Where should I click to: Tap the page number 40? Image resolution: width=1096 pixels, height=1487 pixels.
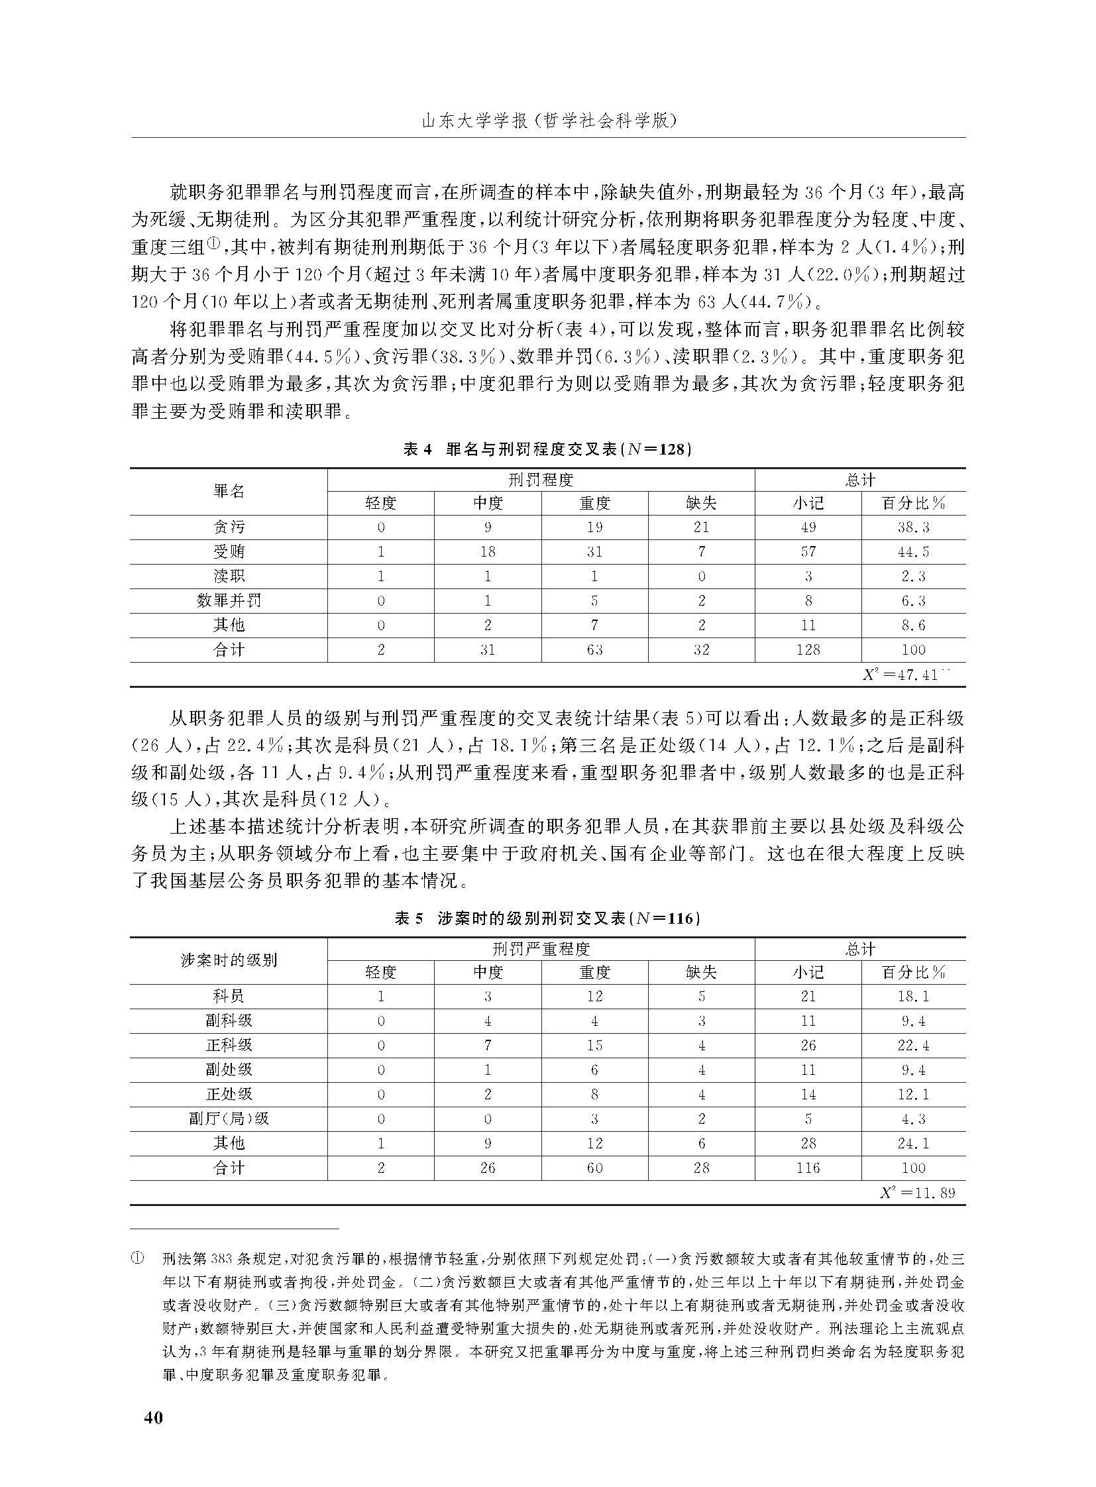(x=153, y=1417)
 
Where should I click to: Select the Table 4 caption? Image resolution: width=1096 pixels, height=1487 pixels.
(x=548, y=449)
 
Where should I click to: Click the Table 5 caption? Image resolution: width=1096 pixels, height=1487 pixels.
(x=548, y=918)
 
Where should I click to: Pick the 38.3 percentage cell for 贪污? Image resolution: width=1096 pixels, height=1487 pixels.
(x=913, y=527)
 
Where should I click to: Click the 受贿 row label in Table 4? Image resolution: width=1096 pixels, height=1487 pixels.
(x=229, y=551)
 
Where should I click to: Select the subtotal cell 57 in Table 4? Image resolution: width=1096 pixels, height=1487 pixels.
(x=807, y=551)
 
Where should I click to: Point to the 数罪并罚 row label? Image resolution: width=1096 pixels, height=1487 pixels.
(x=229, y=600)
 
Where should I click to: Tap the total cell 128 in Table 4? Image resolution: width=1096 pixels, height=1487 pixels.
(x=807, y=649)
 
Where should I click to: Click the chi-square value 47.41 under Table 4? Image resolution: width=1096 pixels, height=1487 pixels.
(x=906, y=675)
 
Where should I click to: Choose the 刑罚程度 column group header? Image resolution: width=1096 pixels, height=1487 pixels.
(x=541, y=479)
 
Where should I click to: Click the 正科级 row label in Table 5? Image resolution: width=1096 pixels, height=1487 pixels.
(x=229, y=1045)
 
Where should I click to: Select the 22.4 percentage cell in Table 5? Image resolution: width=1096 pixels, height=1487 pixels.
(x=913, y=1045)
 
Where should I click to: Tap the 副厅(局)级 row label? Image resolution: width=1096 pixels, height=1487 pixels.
(x=229, y=1119)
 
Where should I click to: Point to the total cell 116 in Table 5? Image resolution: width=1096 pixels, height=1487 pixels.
(x=807, y=1168)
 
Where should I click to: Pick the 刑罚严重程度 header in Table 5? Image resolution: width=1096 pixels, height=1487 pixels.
(x=541, y=949)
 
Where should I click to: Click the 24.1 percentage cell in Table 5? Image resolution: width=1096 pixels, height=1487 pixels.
(x=913, y=1143)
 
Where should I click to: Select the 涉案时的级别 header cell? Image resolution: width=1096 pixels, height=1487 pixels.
(x=229, y=960)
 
